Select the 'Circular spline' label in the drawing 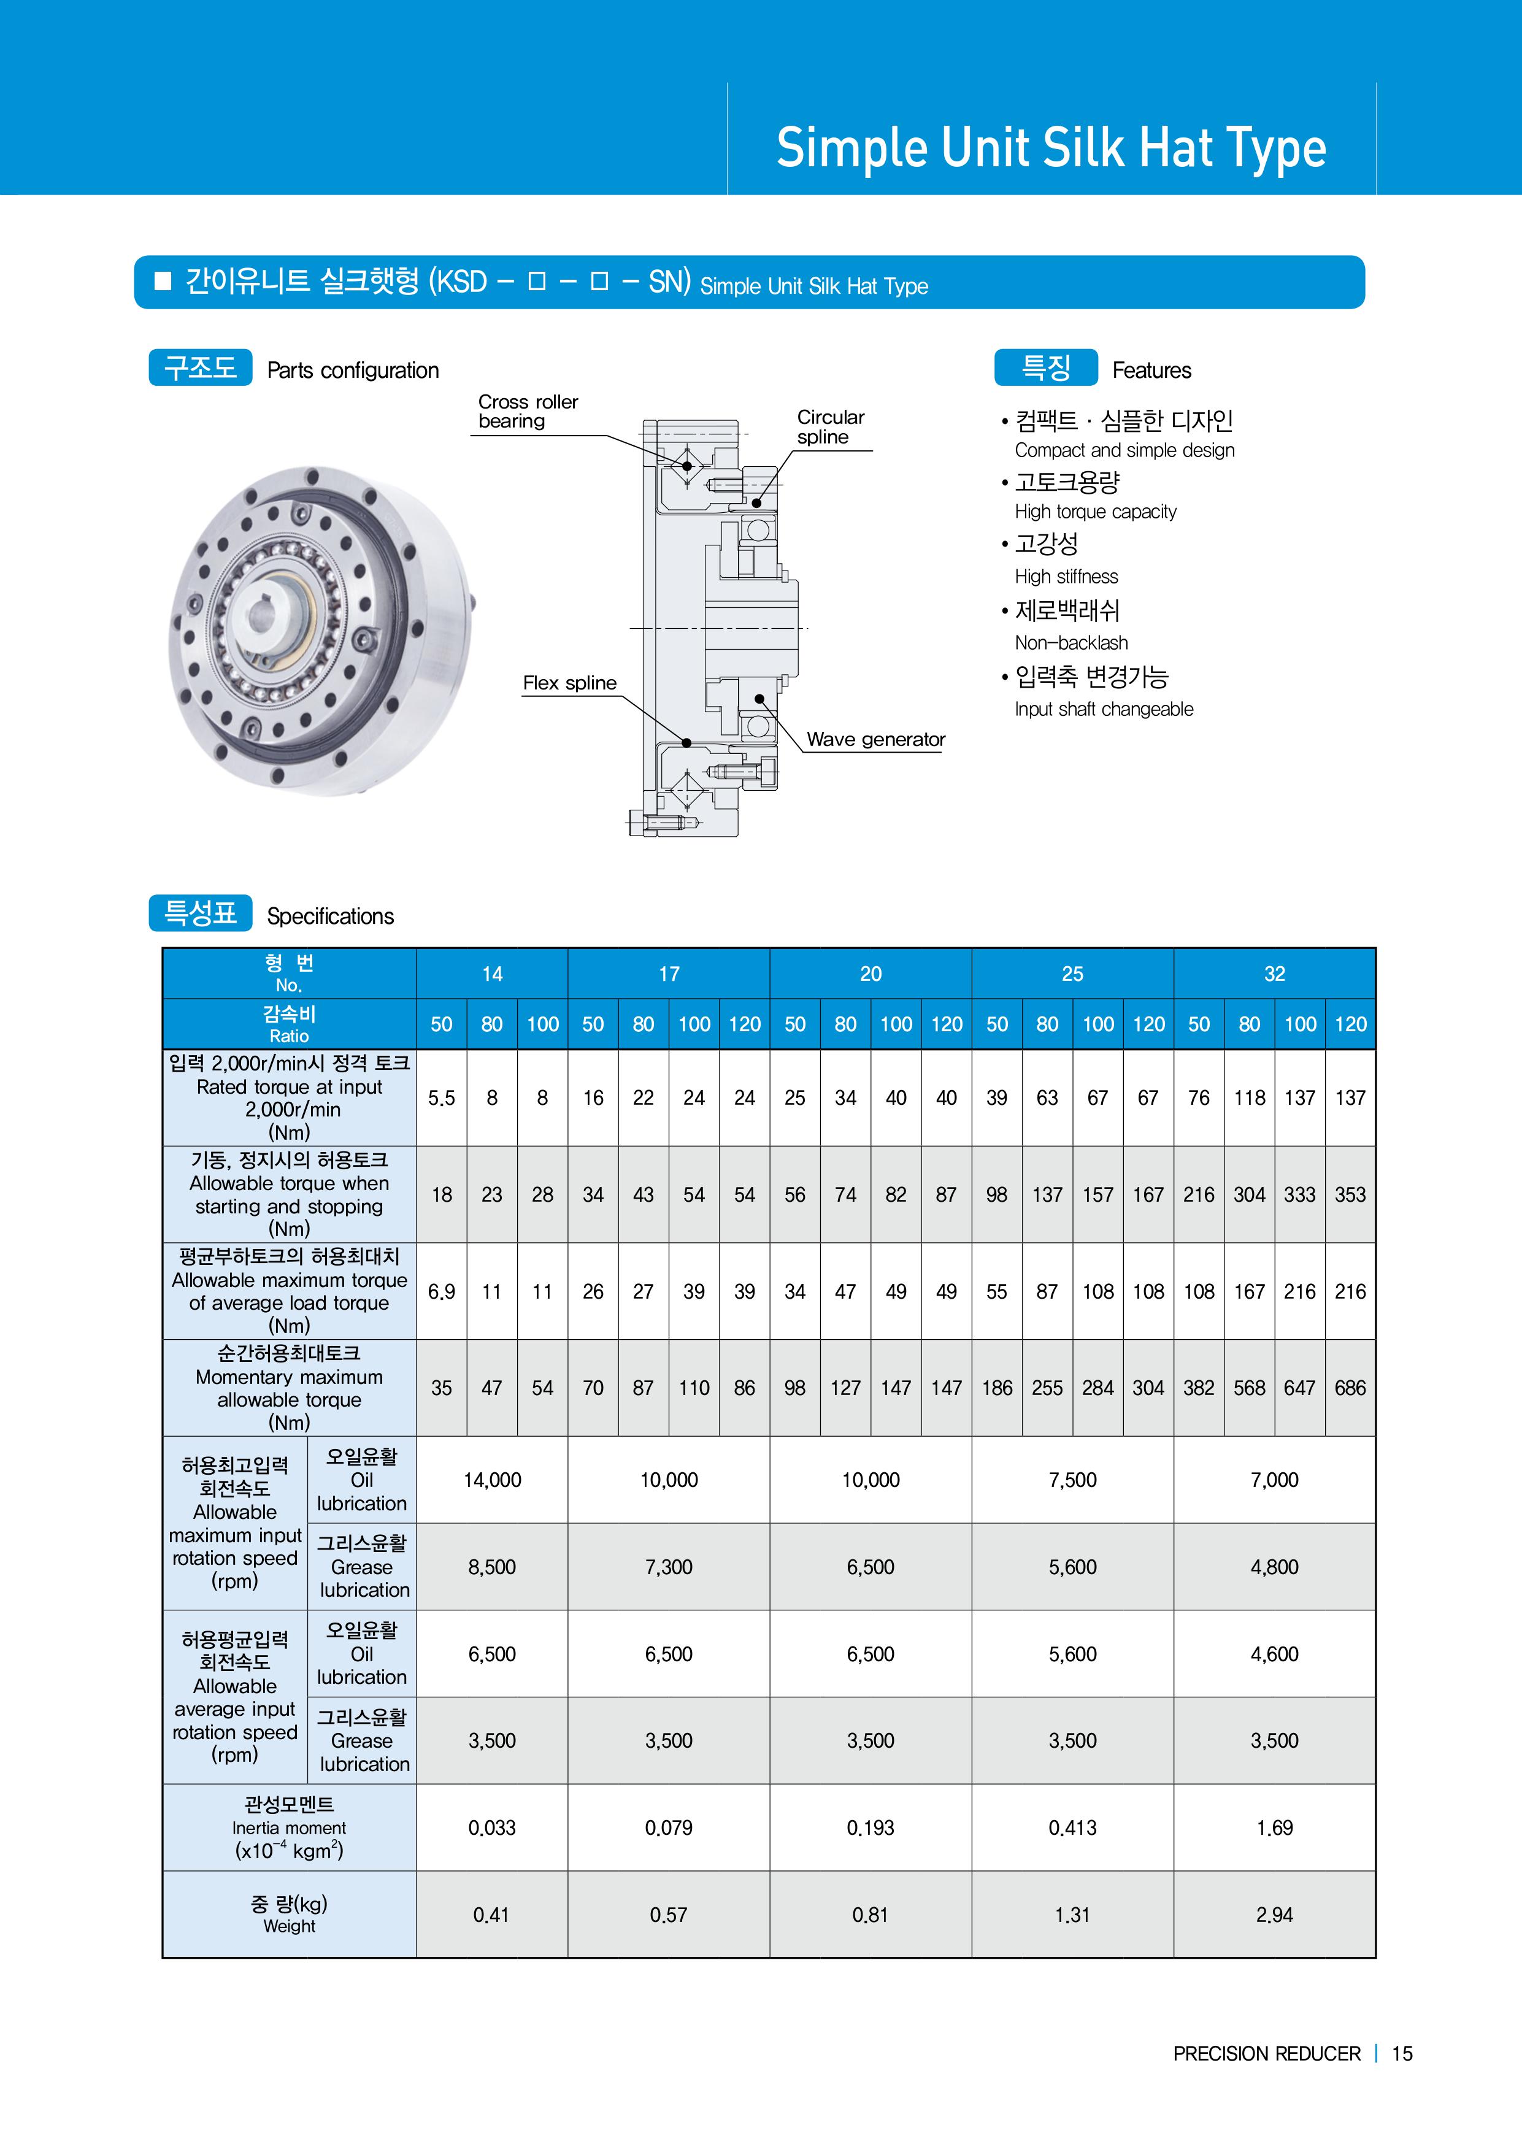click(831, 428)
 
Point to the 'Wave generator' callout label click(875, 739)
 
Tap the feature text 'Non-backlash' click(1071, 643)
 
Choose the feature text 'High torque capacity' click(1096, 512)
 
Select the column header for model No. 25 click(1072, 974)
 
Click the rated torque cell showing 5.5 click(442, 1097)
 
